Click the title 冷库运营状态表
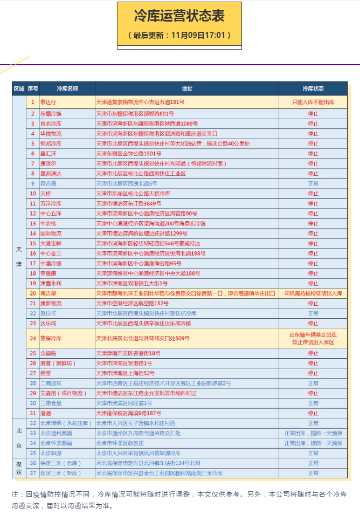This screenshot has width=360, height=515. (x=179, y=16)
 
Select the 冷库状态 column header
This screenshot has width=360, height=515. (x=313, y=88)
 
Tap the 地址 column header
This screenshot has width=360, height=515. (x=187, y=88)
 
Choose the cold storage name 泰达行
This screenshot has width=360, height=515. (x=48, y=102)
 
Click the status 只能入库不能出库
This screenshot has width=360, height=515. (x=313, y=102)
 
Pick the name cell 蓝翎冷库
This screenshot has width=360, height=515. (x=51, y=338)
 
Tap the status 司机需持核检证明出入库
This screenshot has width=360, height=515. (x=313, y=293)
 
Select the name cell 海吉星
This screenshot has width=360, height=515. (x=48, y=293)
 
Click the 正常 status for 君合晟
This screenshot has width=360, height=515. (x=313, y=184)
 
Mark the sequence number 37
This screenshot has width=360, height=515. (x=33, y=473)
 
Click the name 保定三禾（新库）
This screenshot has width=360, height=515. (x=60, y=473)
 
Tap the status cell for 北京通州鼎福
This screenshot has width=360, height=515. (x=313, y=433)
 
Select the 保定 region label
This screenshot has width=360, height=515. (x=19, y=468)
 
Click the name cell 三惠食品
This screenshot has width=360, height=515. (x=51, y=403)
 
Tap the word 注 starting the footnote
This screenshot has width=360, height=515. (x=15, y=494)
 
